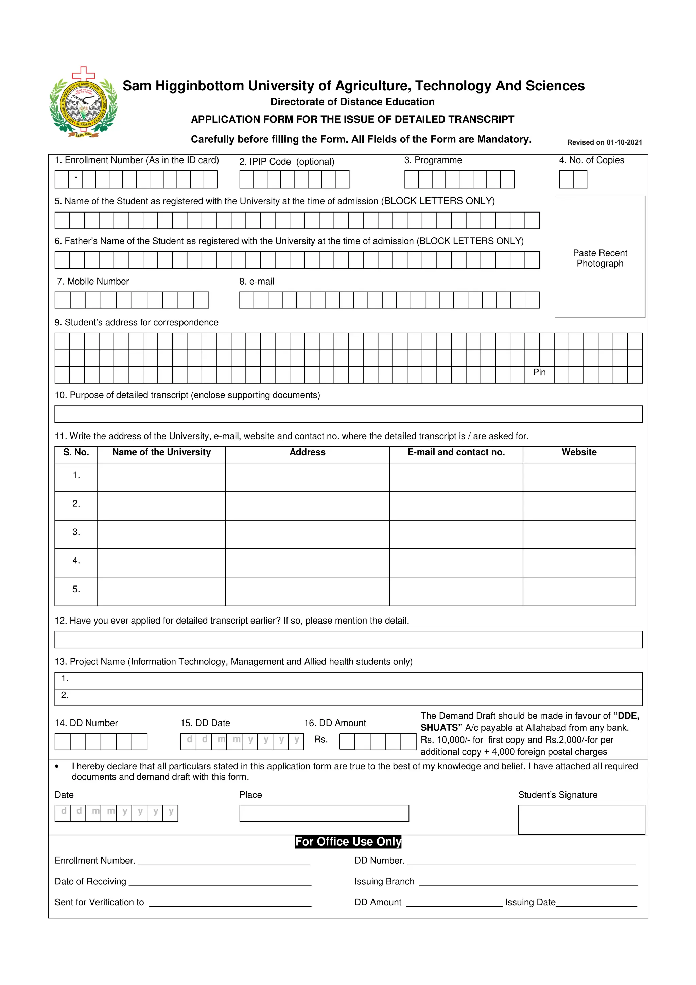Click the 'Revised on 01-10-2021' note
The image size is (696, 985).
604,142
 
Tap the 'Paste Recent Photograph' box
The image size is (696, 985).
599,257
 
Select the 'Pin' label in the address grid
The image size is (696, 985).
539,372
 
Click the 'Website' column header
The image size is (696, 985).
579,452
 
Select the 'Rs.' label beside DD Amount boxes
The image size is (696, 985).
321,739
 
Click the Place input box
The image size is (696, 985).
324,813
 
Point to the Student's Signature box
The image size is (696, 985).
581,819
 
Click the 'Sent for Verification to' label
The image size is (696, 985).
99,902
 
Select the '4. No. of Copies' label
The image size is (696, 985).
591,160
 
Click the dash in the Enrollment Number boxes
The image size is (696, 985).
75,177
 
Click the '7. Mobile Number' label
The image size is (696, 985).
93,282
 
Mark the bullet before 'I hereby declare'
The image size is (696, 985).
57,767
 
